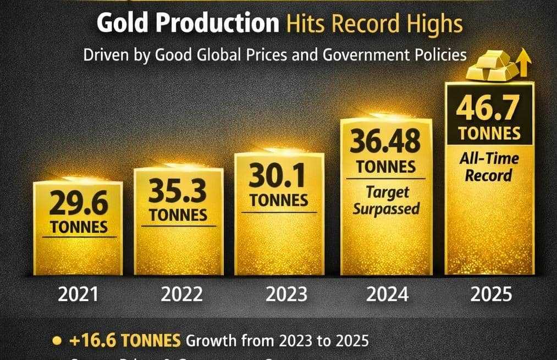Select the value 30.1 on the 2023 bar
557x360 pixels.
click(279, 176)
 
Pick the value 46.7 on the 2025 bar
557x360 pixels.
click(489, 110)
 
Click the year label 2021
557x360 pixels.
click(78, 294)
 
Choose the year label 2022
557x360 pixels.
click(181, 294)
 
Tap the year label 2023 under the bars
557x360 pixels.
click(286, 294)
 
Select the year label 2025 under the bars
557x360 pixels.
click(492, 294)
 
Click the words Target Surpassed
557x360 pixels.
click(387, 201)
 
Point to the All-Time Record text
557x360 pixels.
click(489, 167)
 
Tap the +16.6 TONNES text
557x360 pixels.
click(125, 340)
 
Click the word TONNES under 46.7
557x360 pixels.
click(489, 133)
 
